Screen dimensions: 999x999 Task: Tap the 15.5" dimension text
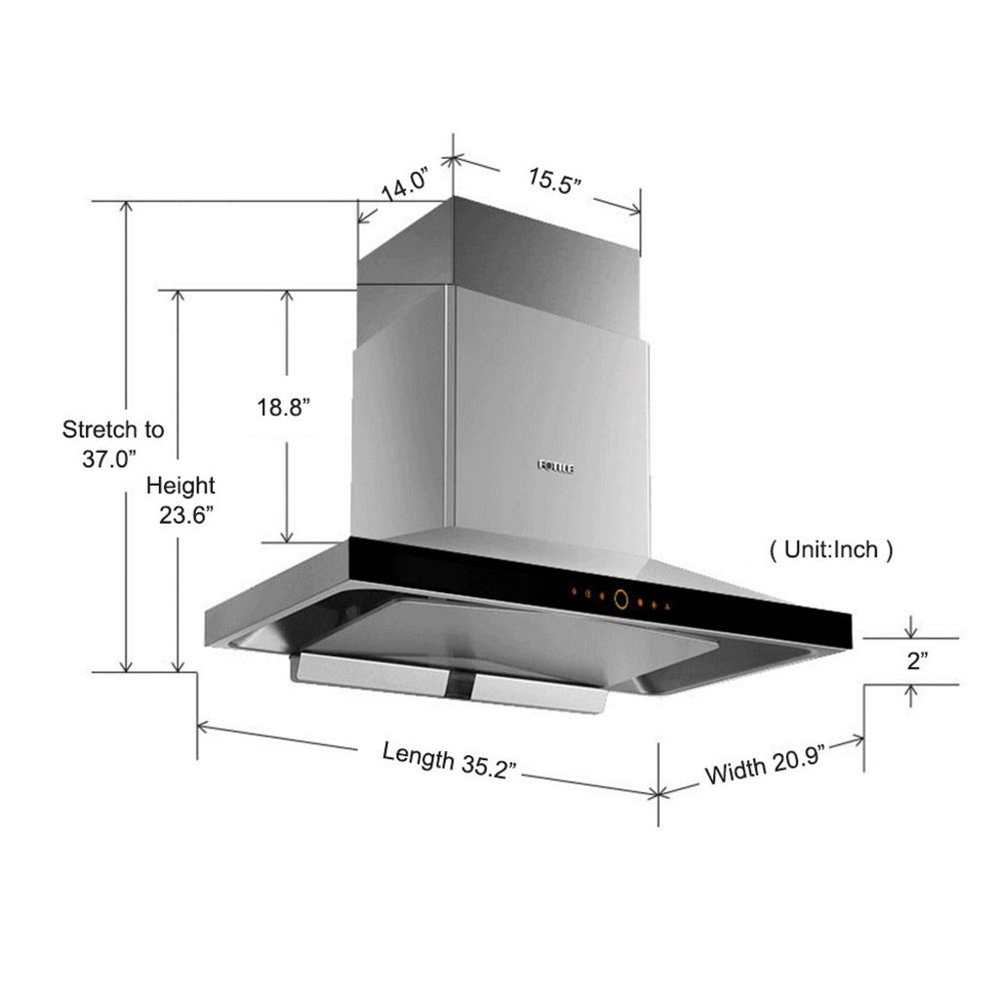(555, 181)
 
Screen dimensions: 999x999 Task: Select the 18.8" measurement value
(284, 408)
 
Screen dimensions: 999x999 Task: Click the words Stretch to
(113, 429)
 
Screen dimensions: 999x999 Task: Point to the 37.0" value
(108, 460)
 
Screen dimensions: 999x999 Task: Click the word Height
(180, 485)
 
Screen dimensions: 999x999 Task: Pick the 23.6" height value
(187, 516)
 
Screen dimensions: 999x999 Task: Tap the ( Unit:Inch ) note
(831, 550)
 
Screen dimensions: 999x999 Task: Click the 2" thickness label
(916, 661)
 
